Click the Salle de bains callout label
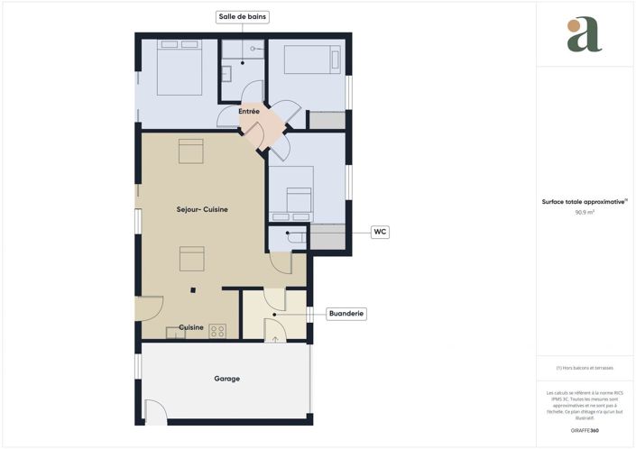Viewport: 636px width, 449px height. [x=244, y=17]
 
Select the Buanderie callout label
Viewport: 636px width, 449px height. [x=346, y=314]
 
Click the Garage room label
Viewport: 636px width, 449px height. [x=226, y=379]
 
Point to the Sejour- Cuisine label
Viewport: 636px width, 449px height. [x=202, y=209]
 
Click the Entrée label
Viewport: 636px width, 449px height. [x=249, y=112]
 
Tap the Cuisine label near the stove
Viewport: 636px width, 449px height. [x=190, y=327]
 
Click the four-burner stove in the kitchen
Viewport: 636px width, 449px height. [x=217, y=330]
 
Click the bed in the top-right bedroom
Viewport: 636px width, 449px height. [x=308, y=60]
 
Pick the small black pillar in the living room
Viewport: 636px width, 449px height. [x=192, y=289]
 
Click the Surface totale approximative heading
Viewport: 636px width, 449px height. [x=584, y=202]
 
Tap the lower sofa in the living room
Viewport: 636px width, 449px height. [x=190, y=259]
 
